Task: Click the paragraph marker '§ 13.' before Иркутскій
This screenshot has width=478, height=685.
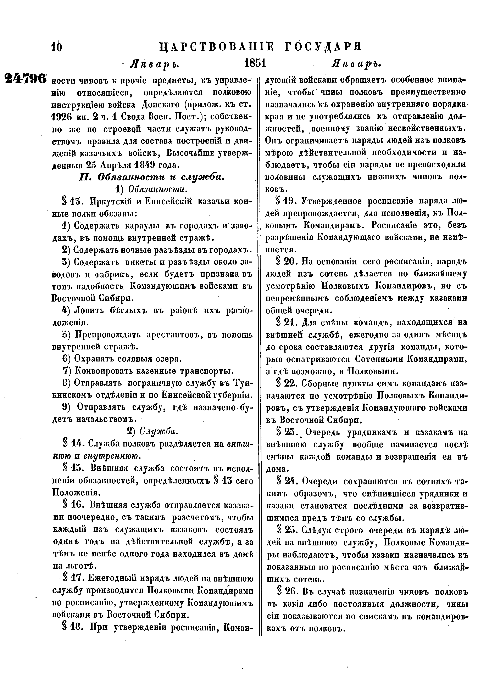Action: [x=72, y=201]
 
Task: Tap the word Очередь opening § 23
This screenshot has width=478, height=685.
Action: [x=323, y=432]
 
